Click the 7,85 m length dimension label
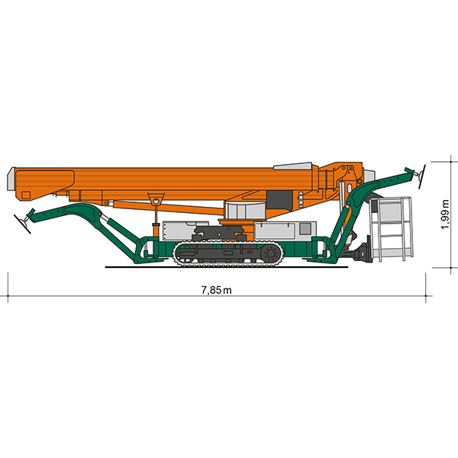(x=217, y=290)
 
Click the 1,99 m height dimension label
(x=445, y=214)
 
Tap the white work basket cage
(x=391, y=229)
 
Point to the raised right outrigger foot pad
(x=421, y=176)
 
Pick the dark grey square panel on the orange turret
(x=279, y=200)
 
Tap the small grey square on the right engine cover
(x=305, y=228)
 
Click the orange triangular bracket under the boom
(x=156, y=200)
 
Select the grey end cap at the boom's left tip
(x=11, y=179)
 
